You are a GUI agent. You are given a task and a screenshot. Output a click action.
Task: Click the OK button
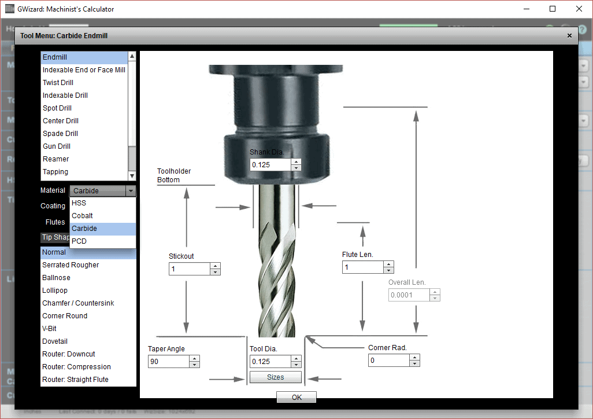[296, 398]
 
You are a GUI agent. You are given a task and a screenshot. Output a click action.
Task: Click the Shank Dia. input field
[269, 164]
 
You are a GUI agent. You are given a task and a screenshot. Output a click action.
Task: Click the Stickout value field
[188, 269]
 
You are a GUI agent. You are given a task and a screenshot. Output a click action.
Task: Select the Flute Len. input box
[362, 267]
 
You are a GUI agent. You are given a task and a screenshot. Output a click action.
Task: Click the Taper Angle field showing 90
[168, 362]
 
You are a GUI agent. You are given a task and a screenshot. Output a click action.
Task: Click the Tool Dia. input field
[269, 362]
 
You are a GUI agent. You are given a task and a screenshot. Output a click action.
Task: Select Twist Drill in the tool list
[58, 83]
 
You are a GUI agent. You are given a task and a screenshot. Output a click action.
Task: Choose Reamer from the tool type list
[55, 159]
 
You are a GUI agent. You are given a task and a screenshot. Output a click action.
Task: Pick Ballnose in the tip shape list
[56, 278]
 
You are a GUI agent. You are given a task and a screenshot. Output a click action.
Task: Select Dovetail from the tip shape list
[54, 341]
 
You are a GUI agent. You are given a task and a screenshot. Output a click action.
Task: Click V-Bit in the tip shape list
[49, 329]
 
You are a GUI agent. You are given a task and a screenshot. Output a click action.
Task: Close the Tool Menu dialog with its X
[569, 36]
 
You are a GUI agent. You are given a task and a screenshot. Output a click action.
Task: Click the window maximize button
[553, 9]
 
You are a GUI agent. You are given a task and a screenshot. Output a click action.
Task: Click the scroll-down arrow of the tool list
[132, 176]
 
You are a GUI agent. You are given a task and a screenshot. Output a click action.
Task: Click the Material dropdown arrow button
[131, 191]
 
